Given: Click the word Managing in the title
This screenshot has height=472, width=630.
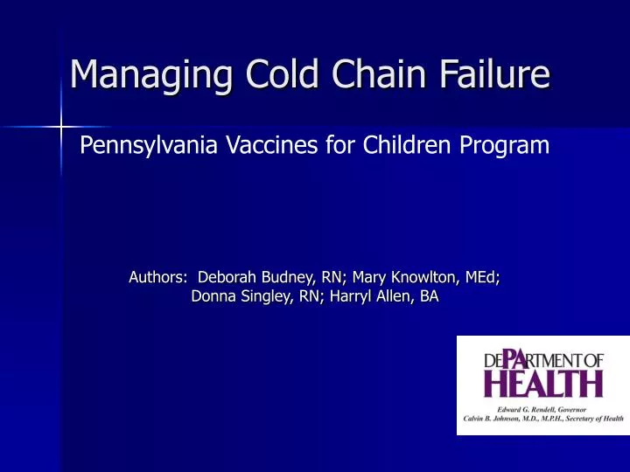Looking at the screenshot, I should (x=144, y=73).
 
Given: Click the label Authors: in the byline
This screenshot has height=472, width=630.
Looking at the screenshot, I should (x=157, y=278).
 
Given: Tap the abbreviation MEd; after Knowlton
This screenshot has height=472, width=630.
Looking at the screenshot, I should (x=479, y=278).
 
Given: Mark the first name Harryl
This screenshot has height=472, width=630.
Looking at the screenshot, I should (x=352, y=297).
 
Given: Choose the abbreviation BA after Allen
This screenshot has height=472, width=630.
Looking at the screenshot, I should (x=429, y=297).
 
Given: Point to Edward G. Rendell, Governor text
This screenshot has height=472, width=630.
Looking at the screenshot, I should (x=543, y=407).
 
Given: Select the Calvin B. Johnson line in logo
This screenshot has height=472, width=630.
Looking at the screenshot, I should (x=543, y=419).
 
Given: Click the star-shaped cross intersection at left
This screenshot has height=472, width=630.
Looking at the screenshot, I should (x=60, y=128).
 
